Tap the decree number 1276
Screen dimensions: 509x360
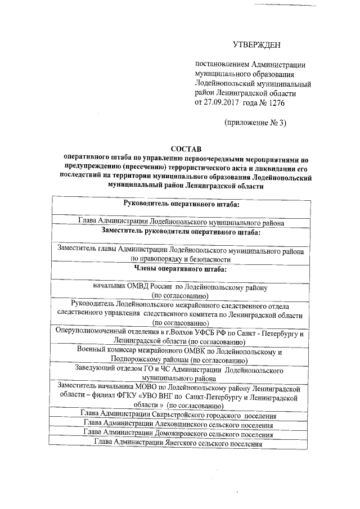275,103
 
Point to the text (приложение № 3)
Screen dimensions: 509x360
255,123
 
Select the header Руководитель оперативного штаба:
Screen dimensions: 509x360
182,203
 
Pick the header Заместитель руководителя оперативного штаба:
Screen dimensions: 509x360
181,231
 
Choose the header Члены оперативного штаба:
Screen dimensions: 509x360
181,269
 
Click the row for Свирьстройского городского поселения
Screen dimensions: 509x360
178,416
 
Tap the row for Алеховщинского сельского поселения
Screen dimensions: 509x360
178,425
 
